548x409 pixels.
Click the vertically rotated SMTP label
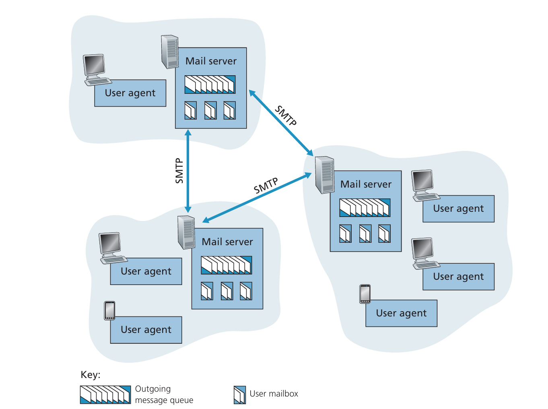179,171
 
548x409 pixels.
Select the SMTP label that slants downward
286,116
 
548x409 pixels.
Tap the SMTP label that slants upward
266,186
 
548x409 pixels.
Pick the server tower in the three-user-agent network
325,175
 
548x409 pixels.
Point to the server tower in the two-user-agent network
186,232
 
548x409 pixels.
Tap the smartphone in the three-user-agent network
365,294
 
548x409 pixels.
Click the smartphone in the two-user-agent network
109,310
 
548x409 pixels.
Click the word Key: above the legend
91,375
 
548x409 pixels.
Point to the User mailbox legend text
274,394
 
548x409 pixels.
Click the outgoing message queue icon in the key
105,395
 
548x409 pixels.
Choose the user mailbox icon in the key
240,395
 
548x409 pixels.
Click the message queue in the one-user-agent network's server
210,85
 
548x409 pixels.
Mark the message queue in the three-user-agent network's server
365,208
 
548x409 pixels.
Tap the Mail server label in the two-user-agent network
227,242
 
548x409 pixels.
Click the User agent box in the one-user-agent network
130,93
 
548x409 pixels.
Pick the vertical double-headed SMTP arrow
188,171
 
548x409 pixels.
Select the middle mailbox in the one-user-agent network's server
210,110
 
